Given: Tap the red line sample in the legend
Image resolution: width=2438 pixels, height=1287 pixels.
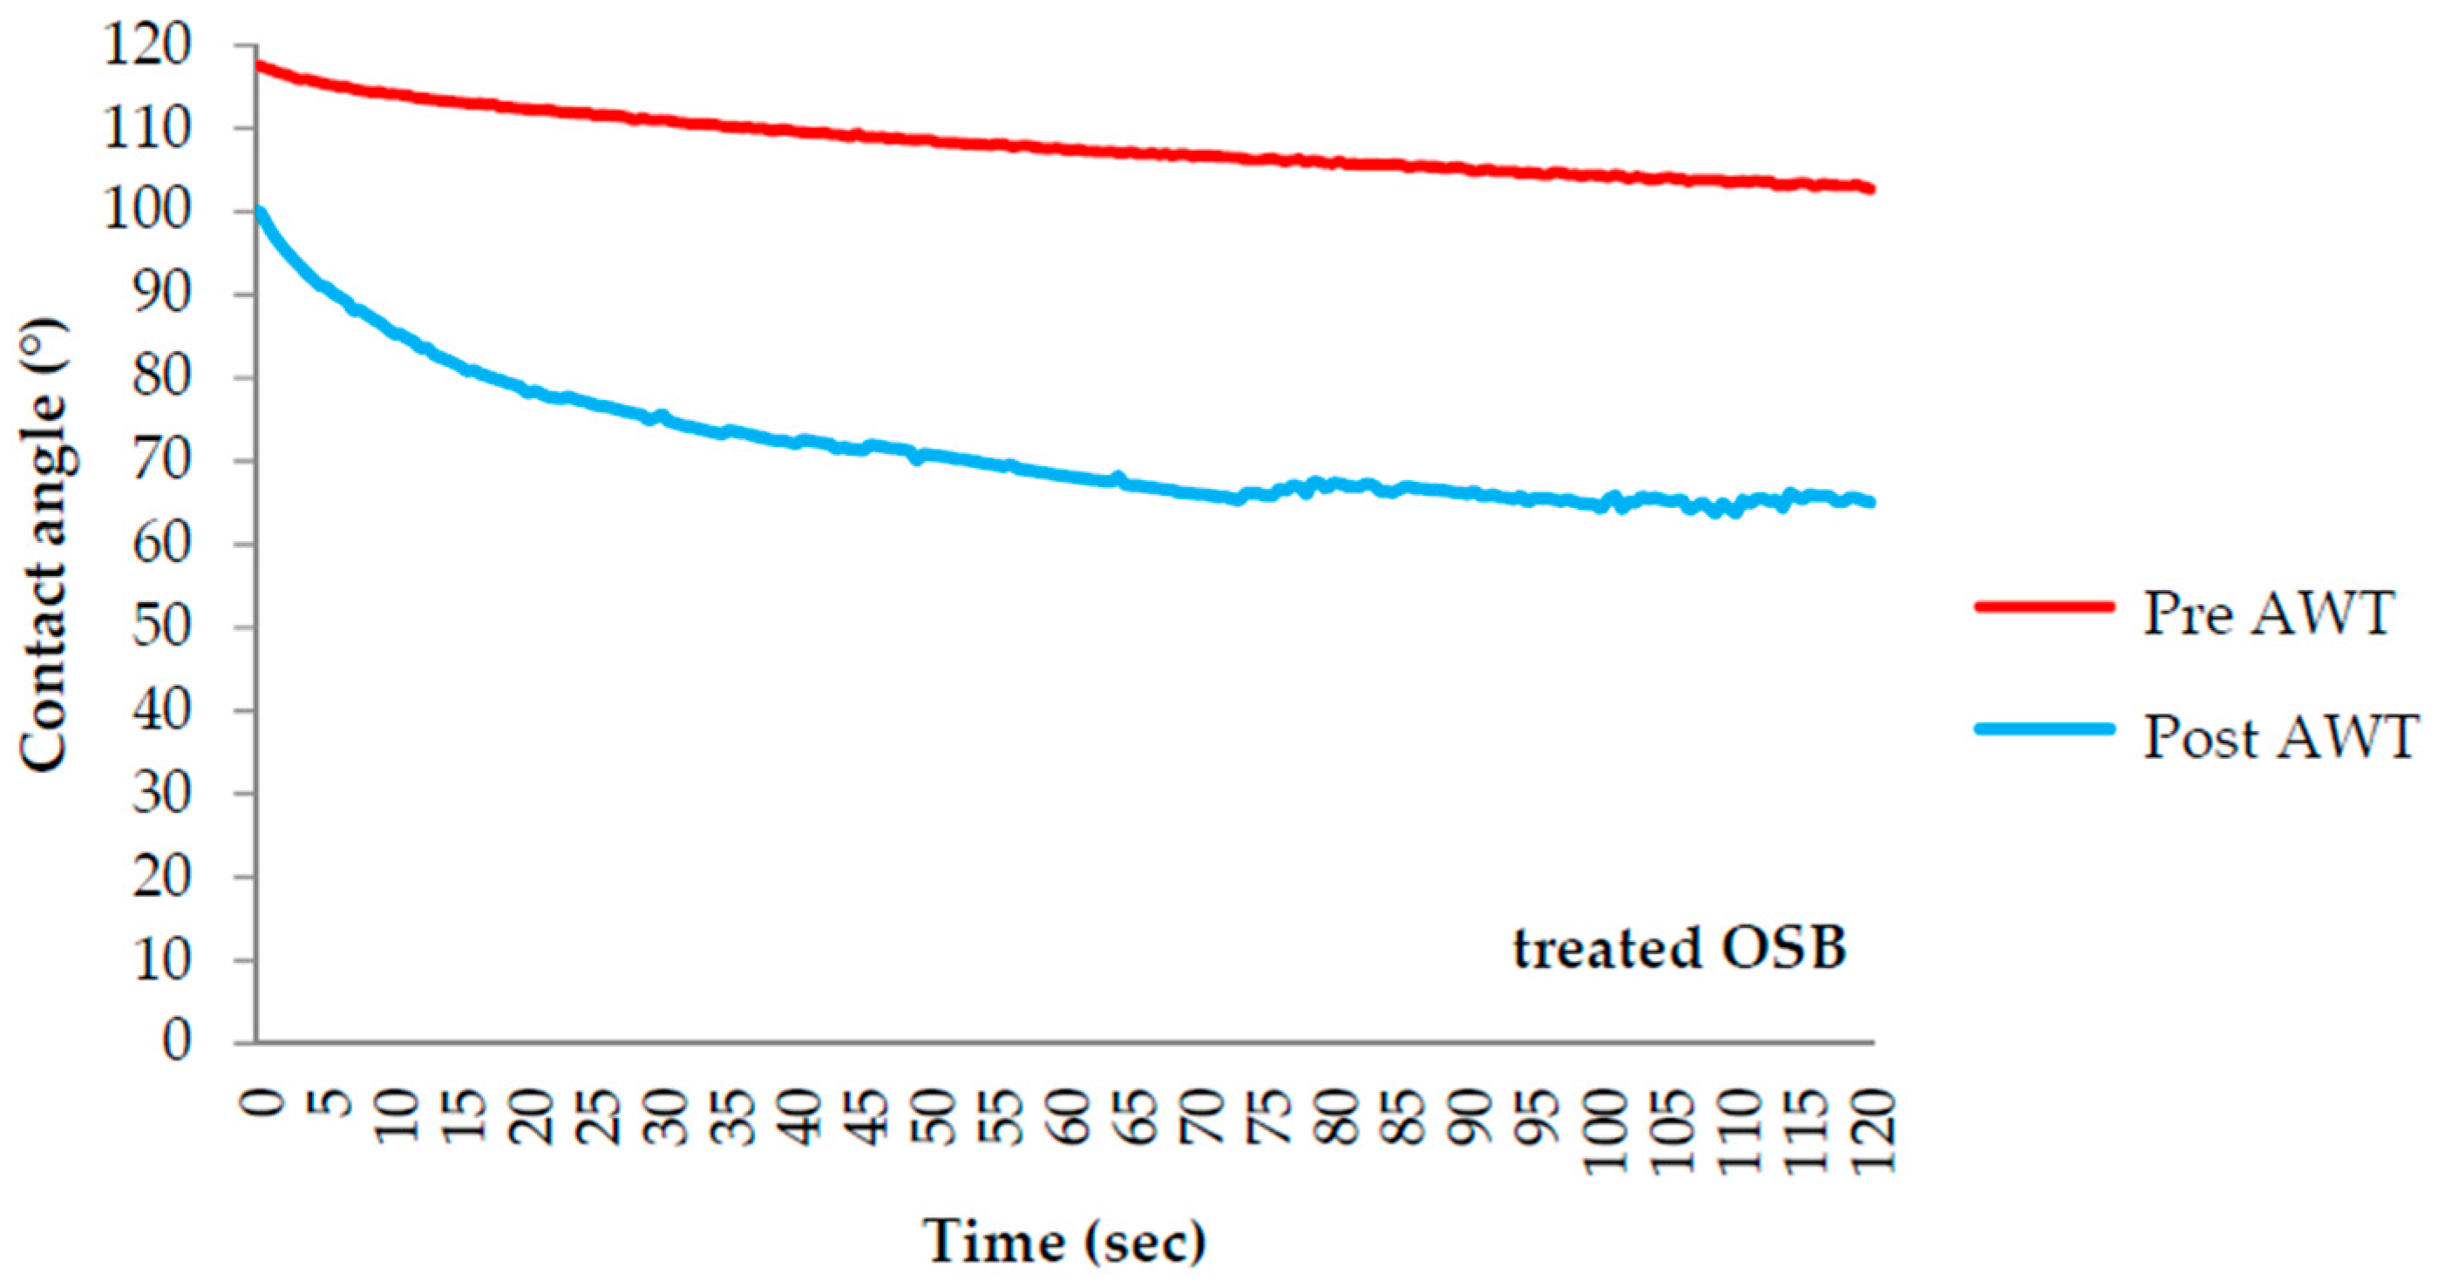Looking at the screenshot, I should (x=2043, y=606).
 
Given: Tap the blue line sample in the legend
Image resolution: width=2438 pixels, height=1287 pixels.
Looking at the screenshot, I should (x=2043, y=728).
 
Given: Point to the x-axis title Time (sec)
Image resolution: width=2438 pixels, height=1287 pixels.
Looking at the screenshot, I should (x=1065, y=1241).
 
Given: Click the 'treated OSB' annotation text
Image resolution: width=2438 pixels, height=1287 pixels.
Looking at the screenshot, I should (x=1679, y=948).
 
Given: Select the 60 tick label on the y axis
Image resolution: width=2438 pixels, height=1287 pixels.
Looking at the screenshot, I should (x=161, y=544).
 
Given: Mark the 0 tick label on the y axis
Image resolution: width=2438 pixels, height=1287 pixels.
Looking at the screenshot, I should (x=176, y=1041).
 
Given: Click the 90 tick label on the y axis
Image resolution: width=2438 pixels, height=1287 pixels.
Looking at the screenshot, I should (x=161, y=295).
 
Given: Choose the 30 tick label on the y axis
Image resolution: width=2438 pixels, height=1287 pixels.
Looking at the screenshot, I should (x=161, y=793).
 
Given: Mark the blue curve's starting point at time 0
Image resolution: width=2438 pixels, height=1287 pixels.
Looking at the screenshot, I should (x=258, y=210).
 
